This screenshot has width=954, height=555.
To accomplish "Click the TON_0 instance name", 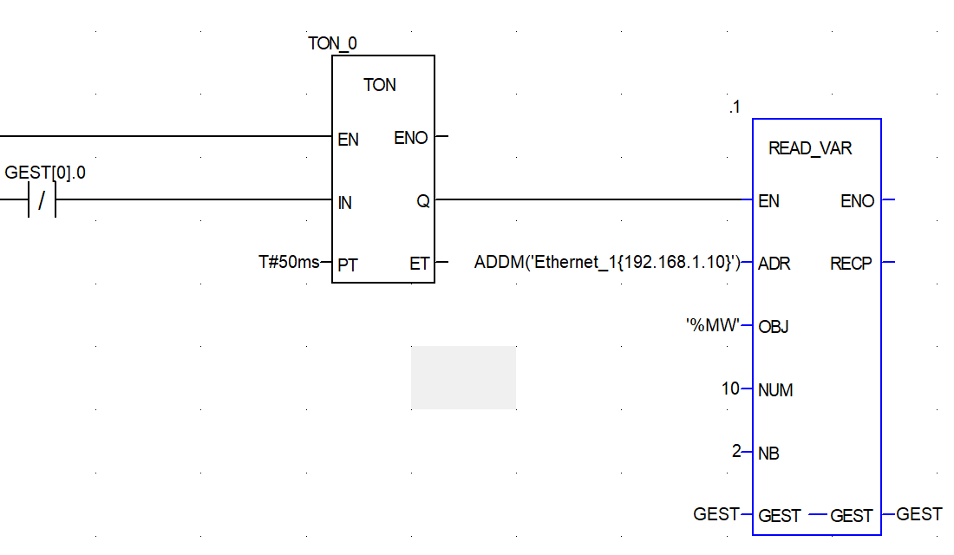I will click(332, 43).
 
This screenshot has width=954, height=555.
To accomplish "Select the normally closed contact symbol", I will click(41, 202).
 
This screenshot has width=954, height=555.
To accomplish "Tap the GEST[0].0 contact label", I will click(45, 173).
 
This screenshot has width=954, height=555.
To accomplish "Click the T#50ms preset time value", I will click(289, 262).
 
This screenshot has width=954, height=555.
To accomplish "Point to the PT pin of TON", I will click(348, 265).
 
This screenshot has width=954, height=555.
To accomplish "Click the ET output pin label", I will click(420, 264).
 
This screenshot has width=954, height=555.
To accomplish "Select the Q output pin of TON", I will click(423, 202).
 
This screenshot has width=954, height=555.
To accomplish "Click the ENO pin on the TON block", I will click(411, 138).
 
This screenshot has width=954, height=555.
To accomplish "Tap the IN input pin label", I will click(345, 203).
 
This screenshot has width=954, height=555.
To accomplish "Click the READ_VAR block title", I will click(810, 148).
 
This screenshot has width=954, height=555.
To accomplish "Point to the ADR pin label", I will click(774, 264).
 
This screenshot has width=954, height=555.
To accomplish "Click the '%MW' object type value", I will click(713, 326).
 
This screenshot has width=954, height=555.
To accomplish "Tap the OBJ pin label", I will click(773, 327).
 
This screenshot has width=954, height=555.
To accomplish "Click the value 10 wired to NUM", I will click(730, 388).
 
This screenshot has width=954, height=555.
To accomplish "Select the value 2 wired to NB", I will click(736, 451).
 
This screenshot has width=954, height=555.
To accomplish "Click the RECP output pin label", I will click(851, 264).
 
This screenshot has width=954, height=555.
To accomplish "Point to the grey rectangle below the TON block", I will click(463, 377).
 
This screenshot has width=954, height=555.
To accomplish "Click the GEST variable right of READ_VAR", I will click(918, 514).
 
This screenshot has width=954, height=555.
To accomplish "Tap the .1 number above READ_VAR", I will click(735, 108).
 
